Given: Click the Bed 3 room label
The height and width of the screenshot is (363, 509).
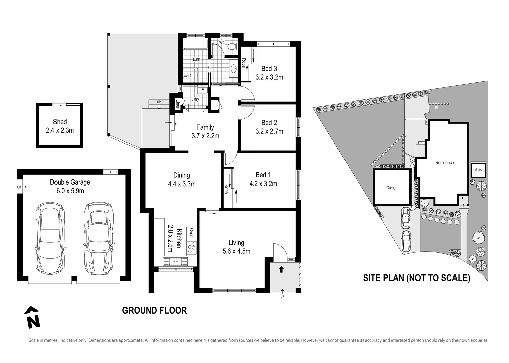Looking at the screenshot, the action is click(269, 69).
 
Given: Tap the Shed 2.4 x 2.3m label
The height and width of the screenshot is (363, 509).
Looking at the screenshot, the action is click(60, 126).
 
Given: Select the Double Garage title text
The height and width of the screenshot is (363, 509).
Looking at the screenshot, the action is click(70, 182).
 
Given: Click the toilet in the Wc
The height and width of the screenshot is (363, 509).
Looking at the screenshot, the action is click(232, 46).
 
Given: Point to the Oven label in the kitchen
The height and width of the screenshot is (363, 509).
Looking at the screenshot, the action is click(191, 233).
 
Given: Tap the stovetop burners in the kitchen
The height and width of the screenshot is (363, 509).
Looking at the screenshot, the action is click(191, 248).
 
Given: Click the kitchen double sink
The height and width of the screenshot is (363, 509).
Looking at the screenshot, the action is click(175, 261).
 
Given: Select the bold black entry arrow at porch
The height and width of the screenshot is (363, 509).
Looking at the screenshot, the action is click(281, 269).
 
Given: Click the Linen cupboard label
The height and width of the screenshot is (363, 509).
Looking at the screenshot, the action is click(178, 105).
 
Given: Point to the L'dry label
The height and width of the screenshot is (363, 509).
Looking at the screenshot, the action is click(195, 99).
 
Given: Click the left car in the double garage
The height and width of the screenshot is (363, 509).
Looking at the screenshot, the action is click(50, 239).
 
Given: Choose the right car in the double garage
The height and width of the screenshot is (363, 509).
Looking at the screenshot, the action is click(99, 238).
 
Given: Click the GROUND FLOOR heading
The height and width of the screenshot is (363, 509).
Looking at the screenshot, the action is click(154, 310).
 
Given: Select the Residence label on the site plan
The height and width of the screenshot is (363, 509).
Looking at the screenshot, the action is click(444, 163).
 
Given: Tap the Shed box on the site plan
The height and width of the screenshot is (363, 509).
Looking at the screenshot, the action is click(478, 169).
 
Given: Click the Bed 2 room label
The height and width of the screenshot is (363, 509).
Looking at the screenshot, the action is click(269, 123).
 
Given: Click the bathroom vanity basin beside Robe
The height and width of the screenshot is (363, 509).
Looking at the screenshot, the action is click(233, 68).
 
